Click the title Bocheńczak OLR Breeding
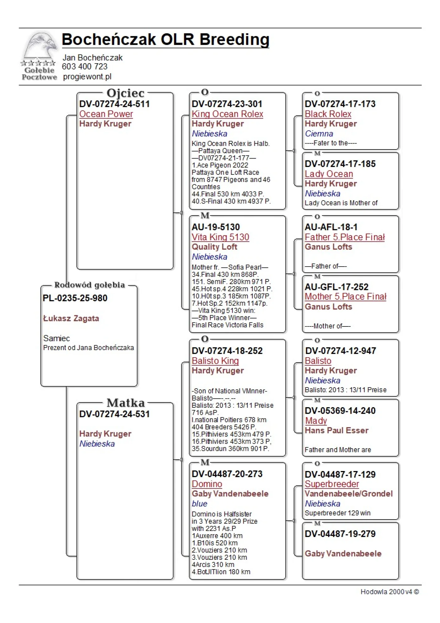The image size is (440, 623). click(165, 40)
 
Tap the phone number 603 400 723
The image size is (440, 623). click(85, 67)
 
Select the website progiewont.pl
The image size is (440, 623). click(87, 77)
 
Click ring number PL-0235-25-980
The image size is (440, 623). click(75, 298)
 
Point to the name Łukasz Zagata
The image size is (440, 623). click(71, 318)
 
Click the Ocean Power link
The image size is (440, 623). click(106, 114)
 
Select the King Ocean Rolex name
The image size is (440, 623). click(227, 114)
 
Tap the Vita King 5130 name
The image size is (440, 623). click(220, 237)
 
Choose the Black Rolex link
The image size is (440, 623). click(328, 114)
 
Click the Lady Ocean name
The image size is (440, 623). click(329, 174)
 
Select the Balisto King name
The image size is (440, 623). click(215, 361)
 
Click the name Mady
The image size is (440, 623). click(316, 421)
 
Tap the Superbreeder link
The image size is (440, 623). click(332, 484)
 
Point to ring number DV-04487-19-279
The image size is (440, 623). click(340, 534)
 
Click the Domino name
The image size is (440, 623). click(207, 484)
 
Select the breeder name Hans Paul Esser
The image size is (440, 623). click(337, 430)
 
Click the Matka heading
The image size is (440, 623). click(126, 403)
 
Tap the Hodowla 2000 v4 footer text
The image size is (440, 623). click(390, 592)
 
